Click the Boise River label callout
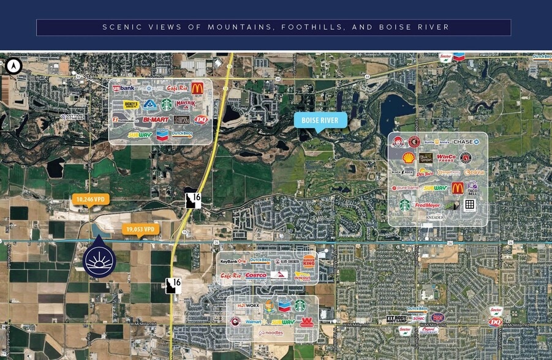tap(320, 120)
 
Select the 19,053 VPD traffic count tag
tap(140, 229)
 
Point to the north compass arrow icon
tap(12, 66)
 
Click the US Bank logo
tap(123, 88)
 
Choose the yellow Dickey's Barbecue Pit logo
tap(130, 105)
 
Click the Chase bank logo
tap(463, 142)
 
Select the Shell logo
tap(407, 158)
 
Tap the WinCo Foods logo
tap(446, 158)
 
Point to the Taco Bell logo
tap(472, 189)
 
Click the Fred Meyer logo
tap(428, 205)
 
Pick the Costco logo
tap(255, 276)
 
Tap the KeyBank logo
tap(233, 261)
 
